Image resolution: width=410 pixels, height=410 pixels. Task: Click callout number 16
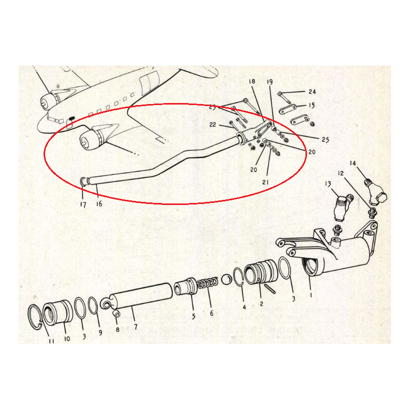(98, 203)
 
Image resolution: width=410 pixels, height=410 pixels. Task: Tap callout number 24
(312, 92)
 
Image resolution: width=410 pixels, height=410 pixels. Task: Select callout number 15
(312, 106)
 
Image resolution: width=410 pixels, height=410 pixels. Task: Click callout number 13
(328, 184)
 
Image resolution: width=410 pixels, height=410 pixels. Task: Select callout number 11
(51, 340)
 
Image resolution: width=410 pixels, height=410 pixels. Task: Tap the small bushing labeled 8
(116, 314)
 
